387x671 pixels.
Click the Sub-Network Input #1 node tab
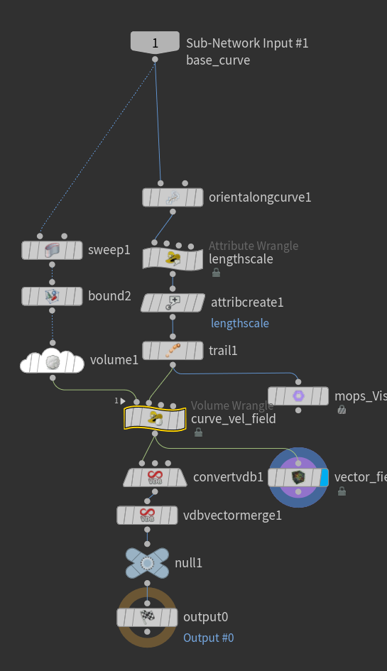155,43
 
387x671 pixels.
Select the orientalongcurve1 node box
172,197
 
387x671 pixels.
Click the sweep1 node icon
51,250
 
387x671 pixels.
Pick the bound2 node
51,295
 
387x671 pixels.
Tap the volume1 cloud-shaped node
51,361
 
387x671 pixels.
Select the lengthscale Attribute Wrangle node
172,258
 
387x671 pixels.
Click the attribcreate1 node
172,302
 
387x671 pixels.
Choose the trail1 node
172,350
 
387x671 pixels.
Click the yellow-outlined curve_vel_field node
155,418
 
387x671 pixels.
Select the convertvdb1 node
155,477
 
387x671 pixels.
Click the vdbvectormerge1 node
148,515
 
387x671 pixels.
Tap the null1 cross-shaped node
147,563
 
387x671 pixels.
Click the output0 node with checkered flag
147,617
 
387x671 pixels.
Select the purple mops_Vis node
298,395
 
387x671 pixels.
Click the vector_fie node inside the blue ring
298,477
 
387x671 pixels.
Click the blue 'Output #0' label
208,638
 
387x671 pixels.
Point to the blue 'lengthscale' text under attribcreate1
240,323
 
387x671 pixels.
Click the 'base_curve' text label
217,60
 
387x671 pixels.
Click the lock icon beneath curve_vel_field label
198,432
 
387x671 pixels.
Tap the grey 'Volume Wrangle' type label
231,406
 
